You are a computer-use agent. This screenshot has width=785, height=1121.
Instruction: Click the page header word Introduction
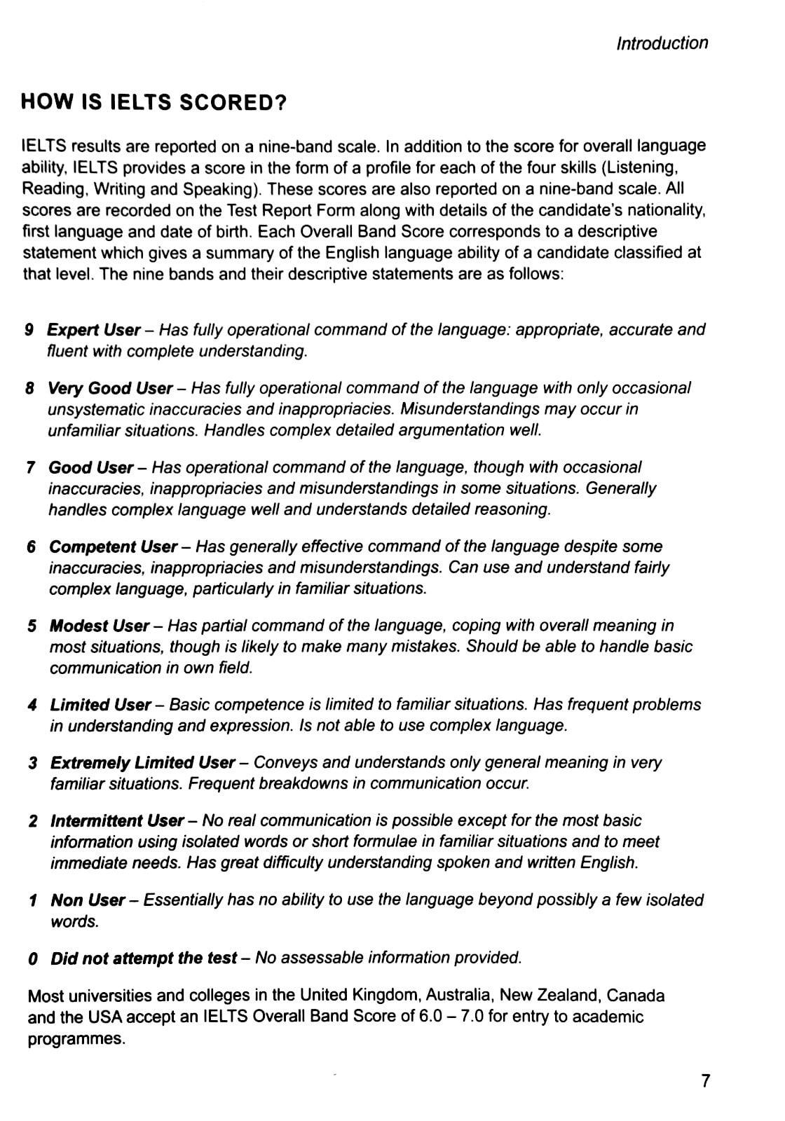[x=662, y=43]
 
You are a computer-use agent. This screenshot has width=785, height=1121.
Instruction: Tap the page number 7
[x=705, y=1081]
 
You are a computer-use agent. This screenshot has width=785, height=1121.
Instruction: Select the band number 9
[x=29, y=330]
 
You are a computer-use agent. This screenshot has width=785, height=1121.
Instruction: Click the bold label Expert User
[x=93, y=330]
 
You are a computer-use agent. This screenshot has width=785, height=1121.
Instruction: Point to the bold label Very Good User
[x=109, y=388]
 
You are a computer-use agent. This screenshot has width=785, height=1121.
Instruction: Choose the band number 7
[x=30, y=468]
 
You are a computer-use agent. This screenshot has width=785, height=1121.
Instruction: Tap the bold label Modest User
[x=99, y=626]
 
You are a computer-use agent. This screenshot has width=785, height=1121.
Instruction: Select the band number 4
[x=32, y=705]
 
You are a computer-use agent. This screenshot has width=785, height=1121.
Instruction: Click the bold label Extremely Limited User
[x=142, y=762]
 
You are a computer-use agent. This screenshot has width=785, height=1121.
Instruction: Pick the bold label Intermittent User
[x=116, y=820]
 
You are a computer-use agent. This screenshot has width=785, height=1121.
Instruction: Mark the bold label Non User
[x=87, y=900]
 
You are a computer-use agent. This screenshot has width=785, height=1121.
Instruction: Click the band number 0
[x=32, y=958]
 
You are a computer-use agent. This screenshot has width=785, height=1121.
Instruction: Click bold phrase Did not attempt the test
[x=143, y=958]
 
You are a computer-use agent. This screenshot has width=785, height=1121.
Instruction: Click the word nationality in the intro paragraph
[x=664, y=210]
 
